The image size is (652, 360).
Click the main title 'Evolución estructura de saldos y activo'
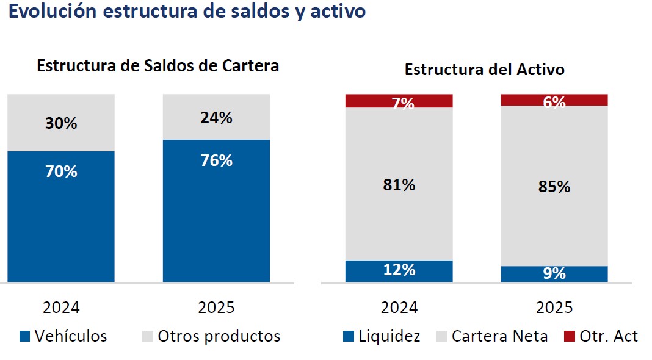[x=187, y=12]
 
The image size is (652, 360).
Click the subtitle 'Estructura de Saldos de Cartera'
[x=158, y=66]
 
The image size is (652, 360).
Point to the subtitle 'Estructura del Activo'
[x=485, y=70]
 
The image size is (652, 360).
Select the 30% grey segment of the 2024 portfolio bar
[x=61, y=123]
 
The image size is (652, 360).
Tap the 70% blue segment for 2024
[x=61, y=216]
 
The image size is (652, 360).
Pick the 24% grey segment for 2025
[x=216, y=117]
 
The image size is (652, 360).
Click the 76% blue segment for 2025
[x=216, y=211]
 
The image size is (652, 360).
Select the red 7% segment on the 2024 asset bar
[x=399, y=101]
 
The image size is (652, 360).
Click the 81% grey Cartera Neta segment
[x=399, y=184]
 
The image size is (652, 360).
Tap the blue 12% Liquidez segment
[x=399, y=271]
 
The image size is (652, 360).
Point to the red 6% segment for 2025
[x=554, y=100]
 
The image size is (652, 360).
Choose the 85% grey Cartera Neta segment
[x=554, y=185]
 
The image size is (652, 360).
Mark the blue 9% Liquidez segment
[x=554, y=274]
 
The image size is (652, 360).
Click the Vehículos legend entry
[x=63, y=336]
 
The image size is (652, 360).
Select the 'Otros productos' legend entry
[x=211, y=336]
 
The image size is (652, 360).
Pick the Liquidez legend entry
[x=382, y=336]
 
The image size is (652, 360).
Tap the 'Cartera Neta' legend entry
[x=493, y=336]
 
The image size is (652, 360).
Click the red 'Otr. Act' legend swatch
[x=570, y=336]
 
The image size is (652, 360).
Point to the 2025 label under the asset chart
[x=554, y=308]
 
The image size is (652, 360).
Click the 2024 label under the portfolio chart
[x=61, y=308]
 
